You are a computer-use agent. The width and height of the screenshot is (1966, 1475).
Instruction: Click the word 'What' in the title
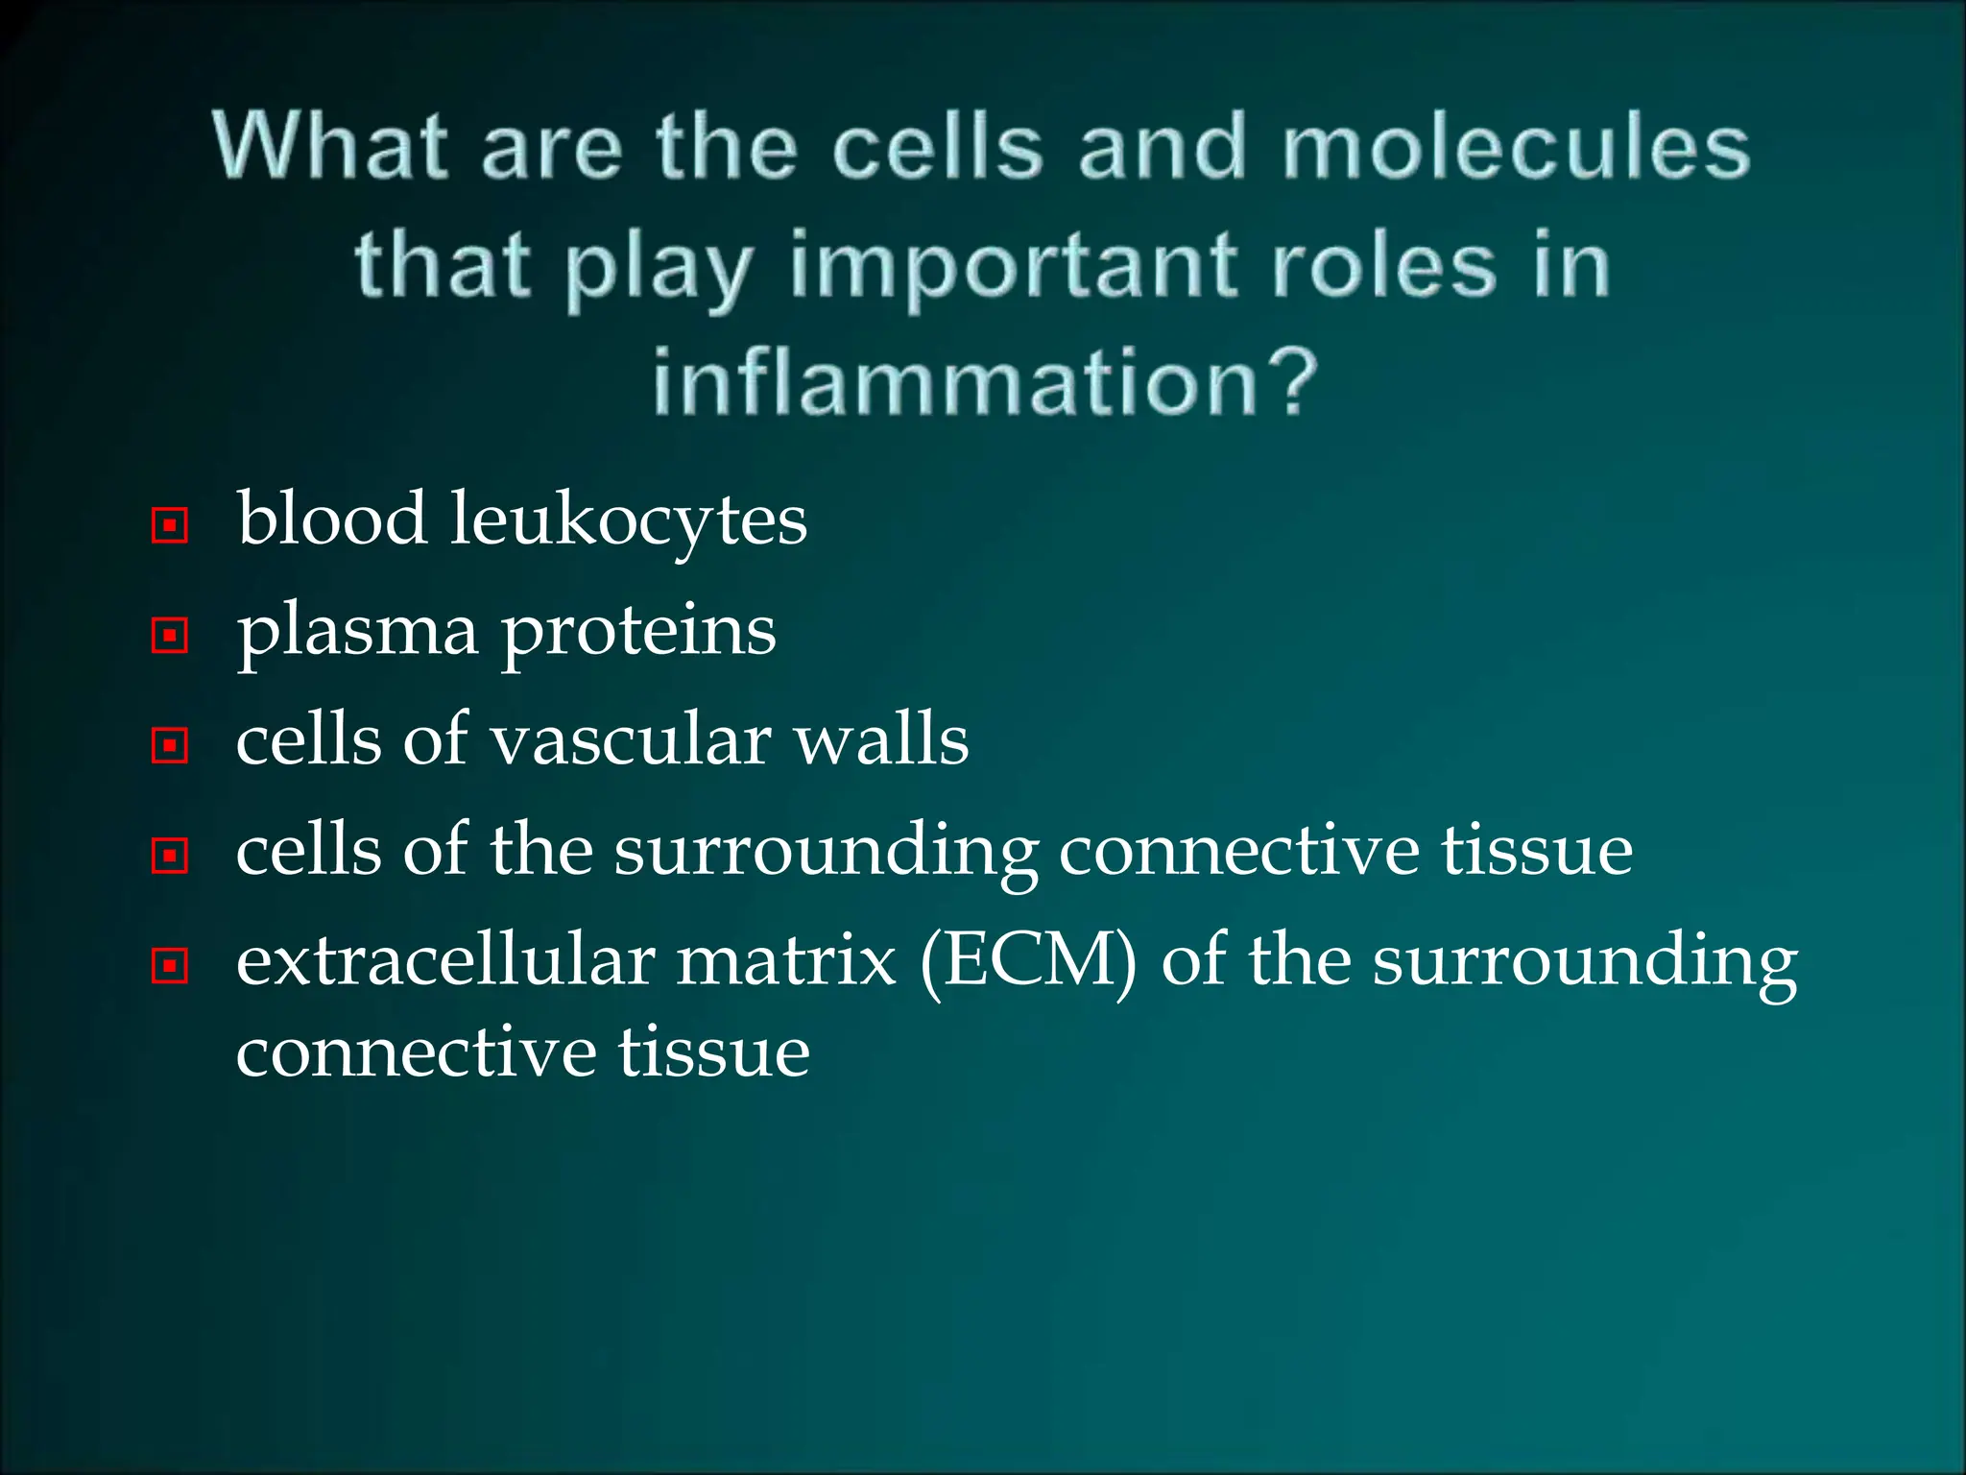330,146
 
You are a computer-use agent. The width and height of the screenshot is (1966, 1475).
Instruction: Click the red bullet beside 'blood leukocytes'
170,525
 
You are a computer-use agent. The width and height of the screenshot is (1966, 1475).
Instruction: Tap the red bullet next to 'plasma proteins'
170,635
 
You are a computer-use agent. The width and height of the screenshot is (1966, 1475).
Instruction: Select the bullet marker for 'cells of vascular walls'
170,745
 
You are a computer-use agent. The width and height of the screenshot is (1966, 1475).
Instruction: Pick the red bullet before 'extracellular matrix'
170,965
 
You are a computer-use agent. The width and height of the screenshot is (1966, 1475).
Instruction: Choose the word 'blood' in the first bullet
332,519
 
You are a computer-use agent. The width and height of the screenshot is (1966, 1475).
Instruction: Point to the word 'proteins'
638,632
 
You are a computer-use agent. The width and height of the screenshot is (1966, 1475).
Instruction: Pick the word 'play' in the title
659,269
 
